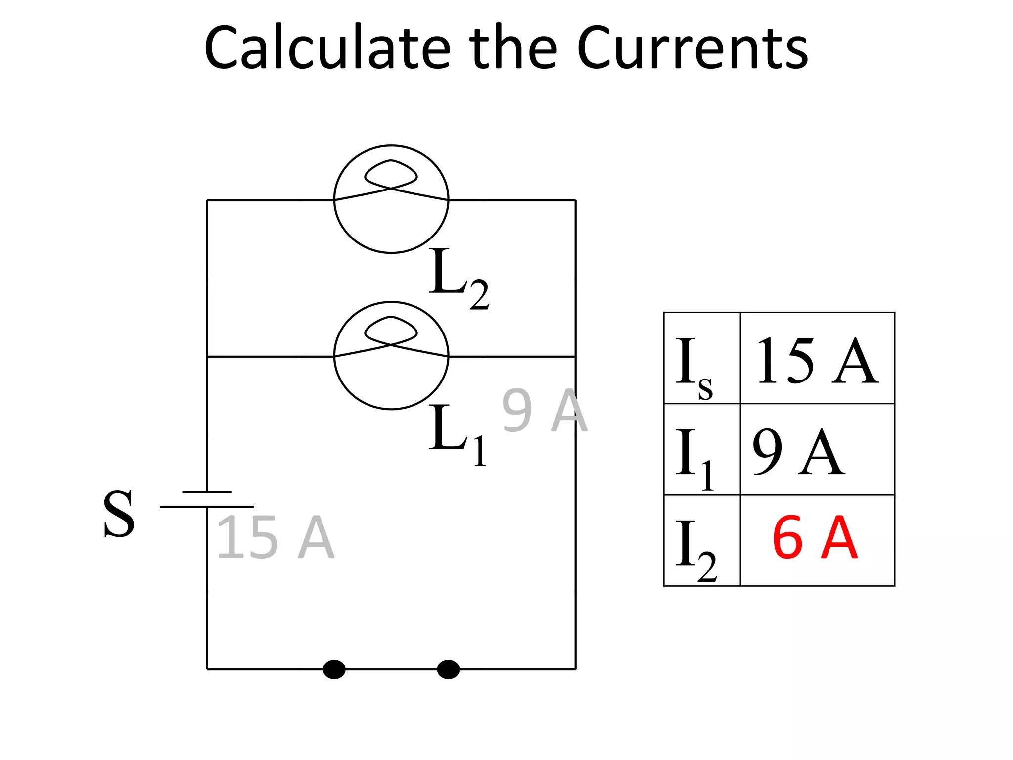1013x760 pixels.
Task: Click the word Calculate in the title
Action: point(327,48)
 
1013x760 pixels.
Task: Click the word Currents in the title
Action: point(692,48)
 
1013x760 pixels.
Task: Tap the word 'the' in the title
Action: point(513,48)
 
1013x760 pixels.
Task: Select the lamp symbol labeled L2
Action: point(391,199)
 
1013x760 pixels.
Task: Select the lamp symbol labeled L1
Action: point(391,356)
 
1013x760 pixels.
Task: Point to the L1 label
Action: point(456,434)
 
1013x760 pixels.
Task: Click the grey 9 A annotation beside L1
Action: point(544,411)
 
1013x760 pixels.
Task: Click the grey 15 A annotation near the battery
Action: point(276,537)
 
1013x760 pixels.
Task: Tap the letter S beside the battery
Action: point(119,515)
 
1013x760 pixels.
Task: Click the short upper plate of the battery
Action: point(207,492)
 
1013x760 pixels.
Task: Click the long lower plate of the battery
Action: point(207,507)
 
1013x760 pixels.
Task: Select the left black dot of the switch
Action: point(334,669)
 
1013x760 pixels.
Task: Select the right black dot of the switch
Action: point(448,669)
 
